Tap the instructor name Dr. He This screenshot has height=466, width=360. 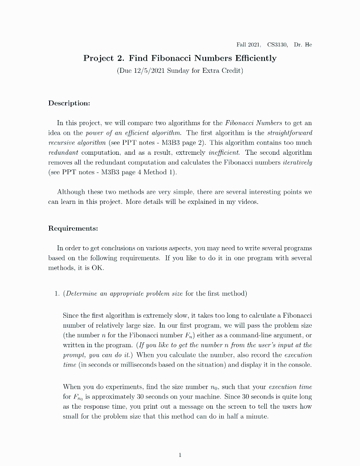[303, 45]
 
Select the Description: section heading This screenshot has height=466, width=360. [69, 103]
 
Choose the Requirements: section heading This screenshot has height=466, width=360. [73, 228]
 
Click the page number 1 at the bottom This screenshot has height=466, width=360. [180, 455]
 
